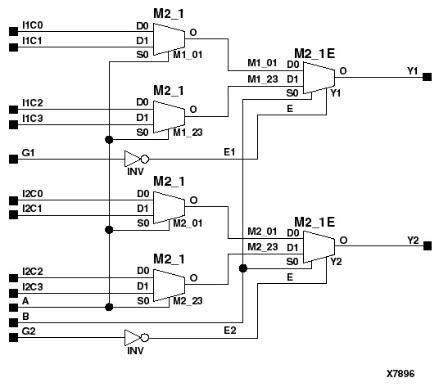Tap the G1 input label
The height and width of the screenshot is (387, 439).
(28, 152)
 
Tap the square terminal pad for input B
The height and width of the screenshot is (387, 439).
(11, 322)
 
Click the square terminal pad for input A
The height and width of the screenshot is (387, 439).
(11, 307)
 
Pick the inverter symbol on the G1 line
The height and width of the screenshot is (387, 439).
(135, 159)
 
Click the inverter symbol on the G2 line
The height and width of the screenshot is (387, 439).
(135, 337)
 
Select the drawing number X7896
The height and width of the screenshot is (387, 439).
(401, 373)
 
